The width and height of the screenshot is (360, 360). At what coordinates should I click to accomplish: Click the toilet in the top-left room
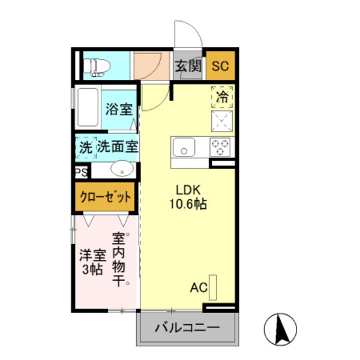click(x=96, y=66)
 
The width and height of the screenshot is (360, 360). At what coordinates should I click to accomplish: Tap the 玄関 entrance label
click(x=188, y=66)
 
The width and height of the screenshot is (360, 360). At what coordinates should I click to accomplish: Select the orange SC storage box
click(x=220, y=67)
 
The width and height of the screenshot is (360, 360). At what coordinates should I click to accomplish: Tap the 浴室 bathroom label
click(x=119, y=109)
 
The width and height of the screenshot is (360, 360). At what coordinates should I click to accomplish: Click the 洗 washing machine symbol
click(x=85, y=146)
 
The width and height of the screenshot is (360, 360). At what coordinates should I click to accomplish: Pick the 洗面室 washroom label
click(x=118, y=146)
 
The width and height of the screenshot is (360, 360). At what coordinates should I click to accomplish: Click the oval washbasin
click(x=123, y=169)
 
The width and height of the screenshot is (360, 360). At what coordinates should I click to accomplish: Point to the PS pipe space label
click(x=81, y=172)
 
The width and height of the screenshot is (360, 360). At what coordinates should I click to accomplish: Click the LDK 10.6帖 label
click(x=191, y=197)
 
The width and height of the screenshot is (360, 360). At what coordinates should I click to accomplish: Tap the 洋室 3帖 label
click(x=92, y=261)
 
